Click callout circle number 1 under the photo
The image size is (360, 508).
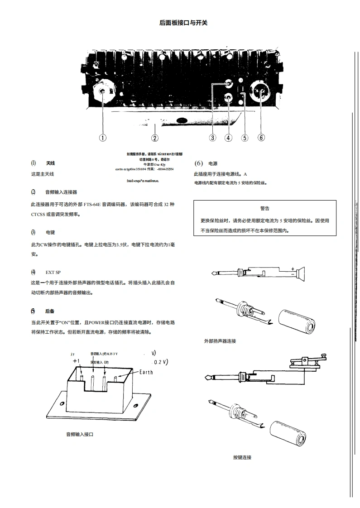103,138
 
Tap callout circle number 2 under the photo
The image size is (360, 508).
155,138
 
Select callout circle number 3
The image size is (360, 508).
212,138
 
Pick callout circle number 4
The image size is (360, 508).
228,138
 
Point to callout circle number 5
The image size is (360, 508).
245,138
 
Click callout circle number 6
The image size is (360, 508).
261,138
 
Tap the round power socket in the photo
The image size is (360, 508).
261,93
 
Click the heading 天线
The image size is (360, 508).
50,163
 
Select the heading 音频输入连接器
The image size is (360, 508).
61,192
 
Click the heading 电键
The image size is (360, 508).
50,232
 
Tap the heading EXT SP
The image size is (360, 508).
53,272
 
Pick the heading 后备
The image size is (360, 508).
50,312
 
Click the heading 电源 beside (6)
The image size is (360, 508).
213,163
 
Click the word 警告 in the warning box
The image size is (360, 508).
265,208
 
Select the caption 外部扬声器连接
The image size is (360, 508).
220,341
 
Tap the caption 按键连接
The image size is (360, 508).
242,457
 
